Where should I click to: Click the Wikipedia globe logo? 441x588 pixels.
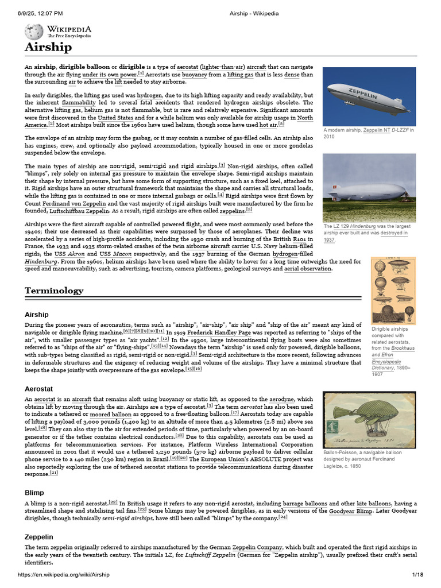35,32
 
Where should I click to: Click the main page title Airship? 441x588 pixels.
48,47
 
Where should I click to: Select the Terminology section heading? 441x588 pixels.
53,291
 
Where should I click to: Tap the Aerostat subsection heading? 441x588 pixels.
38,389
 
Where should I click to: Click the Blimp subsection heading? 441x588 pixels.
34,493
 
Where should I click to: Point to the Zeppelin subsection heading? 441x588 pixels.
38,536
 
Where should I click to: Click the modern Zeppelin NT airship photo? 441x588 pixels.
369,96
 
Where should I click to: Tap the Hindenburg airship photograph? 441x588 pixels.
369,187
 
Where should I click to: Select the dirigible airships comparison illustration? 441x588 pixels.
393,290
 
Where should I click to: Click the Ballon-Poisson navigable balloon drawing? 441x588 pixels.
369,420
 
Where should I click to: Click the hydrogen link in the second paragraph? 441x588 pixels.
149,95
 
